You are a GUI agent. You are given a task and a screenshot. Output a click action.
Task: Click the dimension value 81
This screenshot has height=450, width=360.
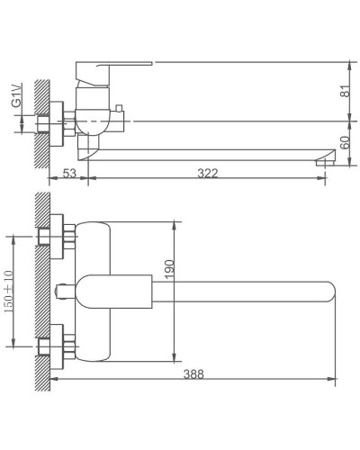click(x=346, y=91)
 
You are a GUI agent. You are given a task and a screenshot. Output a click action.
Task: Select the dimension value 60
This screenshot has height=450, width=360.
click(x=346, y=142)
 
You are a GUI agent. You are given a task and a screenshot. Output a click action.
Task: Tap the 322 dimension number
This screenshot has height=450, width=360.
click(x=208, y=173)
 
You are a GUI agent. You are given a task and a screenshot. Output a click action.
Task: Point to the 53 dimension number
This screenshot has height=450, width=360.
click(x=69, y=173)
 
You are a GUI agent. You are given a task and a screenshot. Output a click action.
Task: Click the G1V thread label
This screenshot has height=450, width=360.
click(x=16, y=95)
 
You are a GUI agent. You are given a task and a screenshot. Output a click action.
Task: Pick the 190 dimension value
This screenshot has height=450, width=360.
click(x=169, y=269)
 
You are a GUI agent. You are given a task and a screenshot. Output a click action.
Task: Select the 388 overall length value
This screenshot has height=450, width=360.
click(x=193, y=374)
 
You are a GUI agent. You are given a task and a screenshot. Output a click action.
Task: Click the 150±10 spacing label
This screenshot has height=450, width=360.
click(x=8, y=292)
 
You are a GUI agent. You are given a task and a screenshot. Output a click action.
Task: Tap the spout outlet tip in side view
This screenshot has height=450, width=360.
click(x=325, y=162)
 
